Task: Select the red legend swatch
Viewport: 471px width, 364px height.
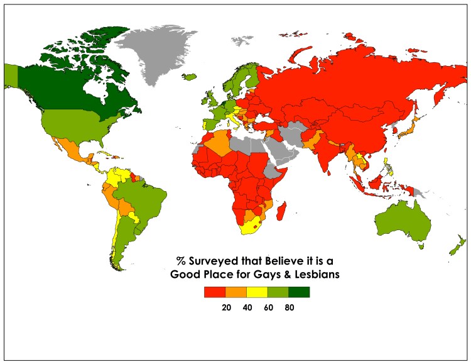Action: [214, 292]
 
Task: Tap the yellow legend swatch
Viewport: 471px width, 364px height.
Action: [257, 292]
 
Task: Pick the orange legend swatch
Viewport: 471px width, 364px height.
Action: [235, 292]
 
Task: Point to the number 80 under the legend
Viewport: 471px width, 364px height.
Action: [289, 307]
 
